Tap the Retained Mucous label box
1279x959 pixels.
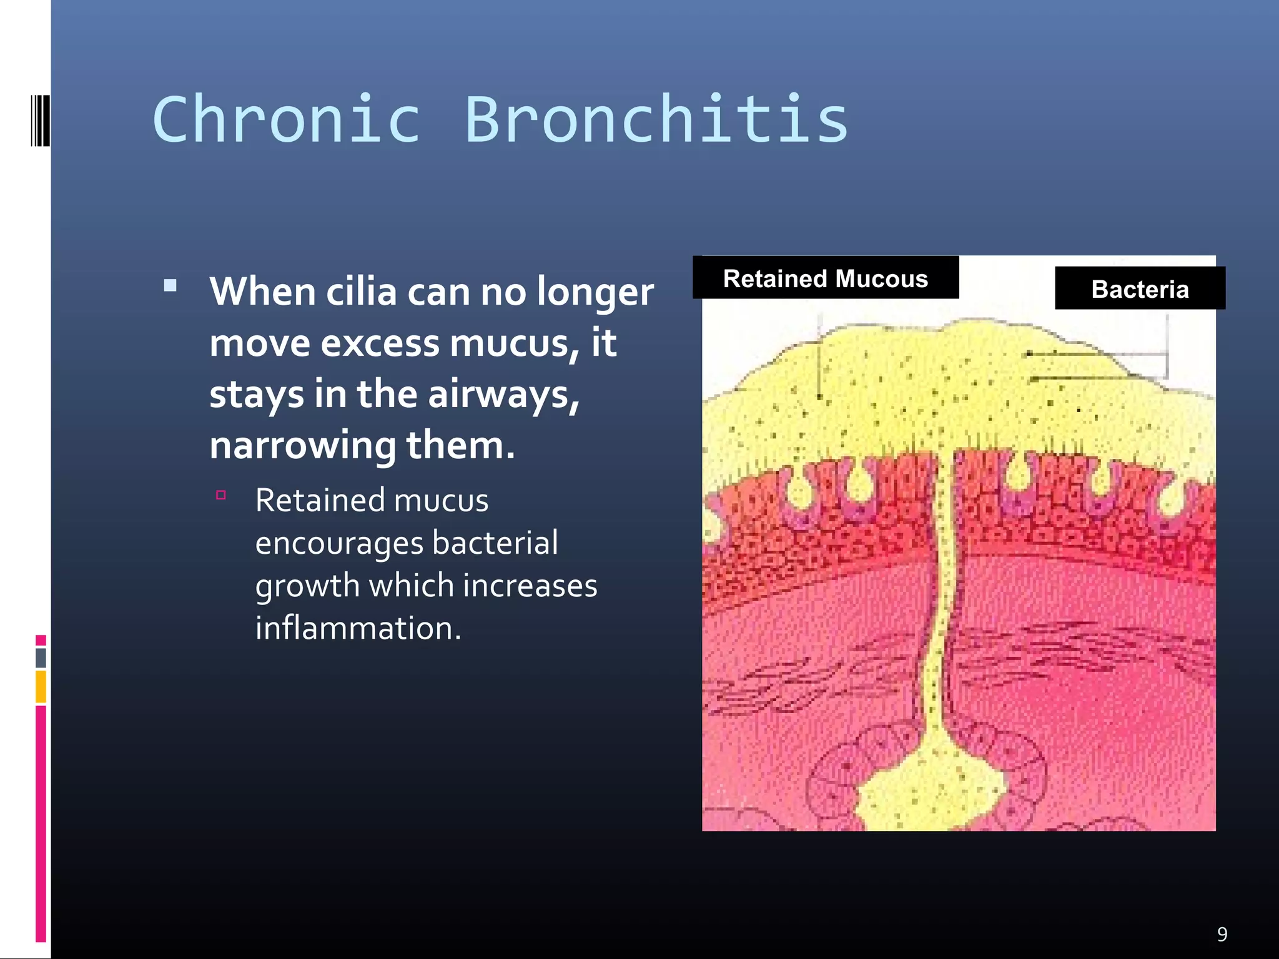[x=826, y=278]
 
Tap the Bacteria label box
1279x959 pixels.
[x=1140, y=288]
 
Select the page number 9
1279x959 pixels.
[x=1222, y=934]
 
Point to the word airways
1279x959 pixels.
[x=503, y=395]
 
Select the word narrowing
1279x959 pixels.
[x=302, y=446]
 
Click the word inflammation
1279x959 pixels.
[x=358, y=628]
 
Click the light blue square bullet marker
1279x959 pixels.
[x=170, y=286]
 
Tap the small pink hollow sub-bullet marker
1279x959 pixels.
[x=220, y=495]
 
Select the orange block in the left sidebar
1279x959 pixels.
[x=41, y=686]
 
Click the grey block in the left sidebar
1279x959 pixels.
[x=41, y=657]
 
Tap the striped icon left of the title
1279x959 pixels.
[x=40, y=120]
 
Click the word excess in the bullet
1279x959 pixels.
[x=380, y=343]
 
